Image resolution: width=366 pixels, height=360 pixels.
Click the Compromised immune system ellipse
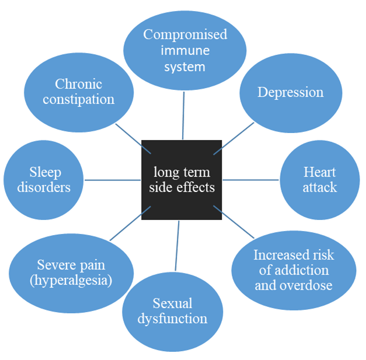pyautogui.click(x=184, y=50)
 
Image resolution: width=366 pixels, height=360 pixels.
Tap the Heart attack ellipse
pyautogui.click(x=319, y=180)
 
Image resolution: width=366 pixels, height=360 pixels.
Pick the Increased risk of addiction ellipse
pyautogui.click(x=293, y=270)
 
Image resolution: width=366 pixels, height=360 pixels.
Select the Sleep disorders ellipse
pyautogui.click(x=44, y=180)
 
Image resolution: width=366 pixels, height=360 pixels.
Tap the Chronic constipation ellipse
pyautogui.click(x=79, y=92)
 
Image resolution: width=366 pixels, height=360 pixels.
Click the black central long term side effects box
pyautogui.click(x=182, y=180)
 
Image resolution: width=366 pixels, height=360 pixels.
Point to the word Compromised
pyautogui.click(x=184, y=34)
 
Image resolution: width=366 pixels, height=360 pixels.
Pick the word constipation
pyautogui.click(x=79, y=100)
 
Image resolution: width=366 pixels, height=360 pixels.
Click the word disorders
pyautogui.click(x=44, y=187)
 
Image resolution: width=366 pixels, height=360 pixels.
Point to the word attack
pyautogui.click(x=319, y=187)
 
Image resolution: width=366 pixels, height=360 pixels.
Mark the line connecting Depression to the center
pyautogui.click(x=234, y=138)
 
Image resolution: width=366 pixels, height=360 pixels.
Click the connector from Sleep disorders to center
pyautogui.click(x=113, y=180)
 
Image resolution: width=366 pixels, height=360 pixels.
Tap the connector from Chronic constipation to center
pyautogui.click(x=130, y=133)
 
